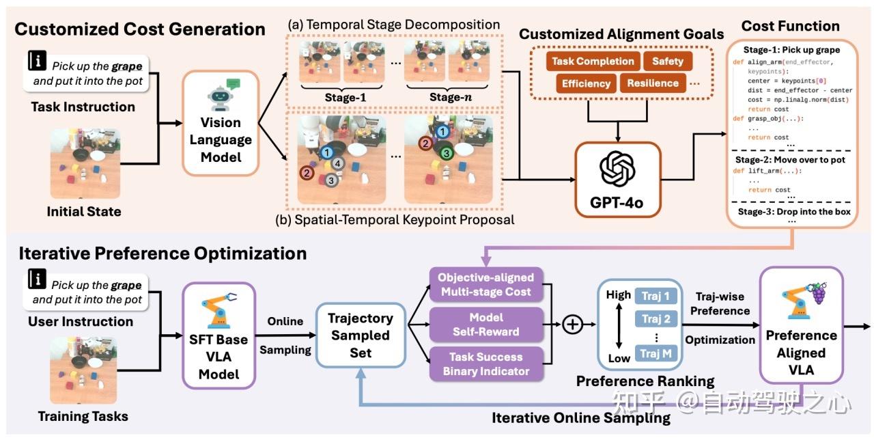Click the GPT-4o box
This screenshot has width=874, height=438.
click(617, 179)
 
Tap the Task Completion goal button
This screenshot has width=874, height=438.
click(593, 61)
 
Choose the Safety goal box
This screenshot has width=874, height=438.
click(667, 61)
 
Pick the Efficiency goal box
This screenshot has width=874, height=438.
click(585, 84)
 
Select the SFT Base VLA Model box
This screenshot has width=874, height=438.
click(218, 335)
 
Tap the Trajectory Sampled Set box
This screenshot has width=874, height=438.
click(361, 336)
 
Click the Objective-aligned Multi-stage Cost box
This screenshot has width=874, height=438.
click(485, 285)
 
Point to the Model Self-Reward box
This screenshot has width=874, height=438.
click(485, 325)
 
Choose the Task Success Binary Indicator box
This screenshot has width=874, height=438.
click(485, 364)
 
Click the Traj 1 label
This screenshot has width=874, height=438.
click(655, 296)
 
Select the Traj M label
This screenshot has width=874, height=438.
click(654, 353)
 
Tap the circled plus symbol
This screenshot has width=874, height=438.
click(572, 325)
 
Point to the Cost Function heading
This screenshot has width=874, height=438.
click(790, 26)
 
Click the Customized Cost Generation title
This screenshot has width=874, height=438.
click(140, 29)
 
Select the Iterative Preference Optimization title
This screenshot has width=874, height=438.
click(163, 254)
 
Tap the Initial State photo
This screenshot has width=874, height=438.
click(84, 163)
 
